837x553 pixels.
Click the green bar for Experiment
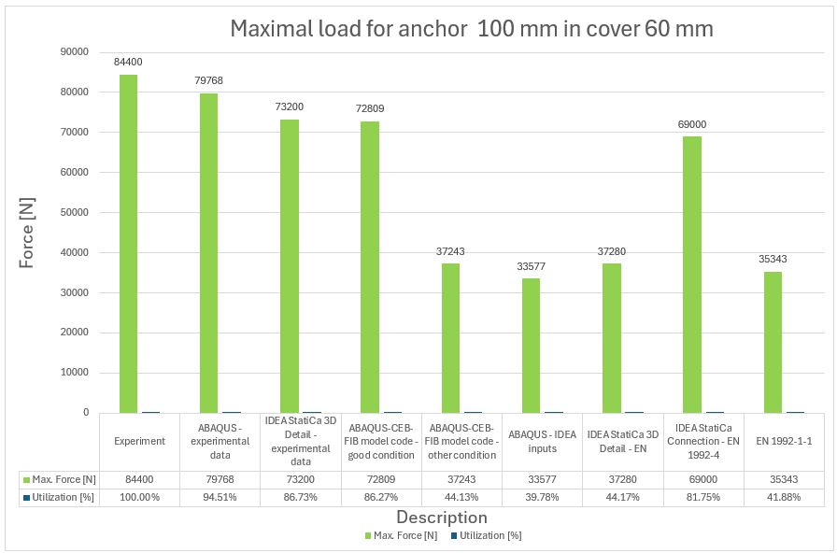[128, 243]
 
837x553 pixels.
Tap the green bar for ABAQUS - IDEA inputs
[531, 345]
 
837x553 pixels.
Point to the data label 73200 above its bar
[288, 106]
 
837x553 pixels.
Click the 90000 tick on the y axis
[75, 52]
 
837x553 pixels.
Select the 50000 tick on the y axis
[75, 212]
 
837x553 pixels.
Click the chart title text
[472, 29]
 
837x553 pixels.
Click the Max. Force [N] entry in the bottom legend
[399, 536]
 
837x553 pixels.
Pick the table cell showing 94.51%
[220, 497]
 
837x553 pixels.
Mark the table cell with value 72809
[380, 479]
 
